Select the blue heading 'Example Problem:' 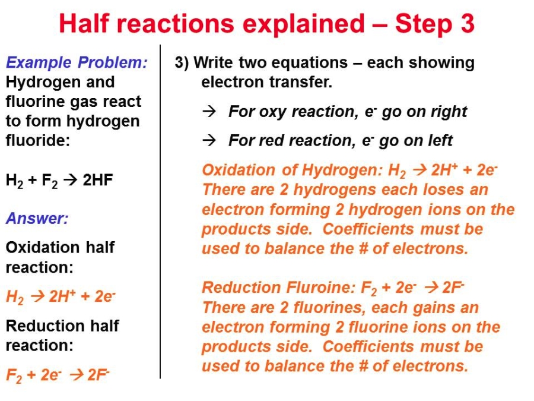tap(77, 62)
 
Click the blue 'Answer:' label tap(37, 218)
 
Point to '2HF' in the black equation tap(98, 179)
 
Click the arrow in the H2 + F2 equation tap(71, 179)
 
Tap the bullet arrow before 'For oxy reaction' tap(209, 112)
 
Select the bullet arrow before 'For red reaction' tap(209, 140)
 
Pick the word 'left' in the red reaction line tap(439, 140)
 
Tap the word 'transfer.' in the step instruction tap(301, 82)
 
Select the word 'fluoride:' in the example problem tap(38, 140)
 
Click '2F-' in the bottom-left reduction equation tap(98, 375)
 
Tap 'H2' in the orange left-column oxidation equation tap(15, 296)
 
